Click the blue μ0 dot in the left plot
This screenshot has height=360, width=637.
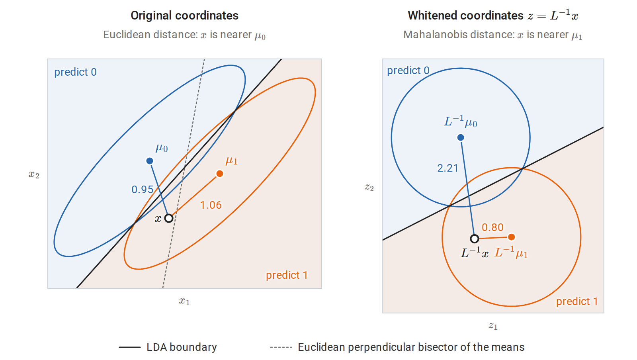(150, 161)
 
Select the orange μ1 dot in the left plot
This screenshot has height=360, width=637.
(219, 174)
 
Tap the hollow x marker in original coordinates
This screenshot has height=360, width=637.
(169, 218)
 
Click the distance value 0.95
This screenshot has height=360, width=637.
(142, 190)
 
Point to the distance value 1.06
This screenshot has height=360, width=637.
(211, 205)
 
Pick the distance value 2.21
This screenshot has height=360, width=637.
(447, 168)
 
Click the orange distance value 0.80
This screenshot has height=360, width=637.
(492, 227)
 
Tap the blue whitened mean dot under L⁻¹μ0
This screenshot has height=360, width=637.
(461, 138)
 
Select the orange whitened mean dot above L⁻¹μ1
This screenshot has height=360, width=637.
(511, 237)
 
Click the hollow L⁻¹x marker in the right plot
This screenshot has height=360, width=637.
(474, 239)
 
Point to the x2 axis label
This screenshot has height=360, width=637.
(34, 174)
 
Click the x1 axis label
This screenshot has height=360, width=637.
(184, 301)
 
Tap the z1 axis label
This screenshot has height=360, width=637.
(493, 326)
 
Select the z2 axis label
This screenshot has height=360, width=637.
(369, 188)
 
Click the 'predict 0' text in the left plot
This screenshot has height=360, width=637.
(75, 72)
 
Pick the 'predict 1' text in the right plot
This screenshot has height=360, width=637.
(577, 301)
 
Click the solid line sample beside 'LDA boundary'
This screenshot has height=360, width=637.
(130, 347)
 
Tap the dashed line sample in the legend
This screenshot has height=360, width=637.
(281, 347)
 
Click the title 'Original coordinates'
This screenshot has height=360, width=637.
(185, 16)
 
